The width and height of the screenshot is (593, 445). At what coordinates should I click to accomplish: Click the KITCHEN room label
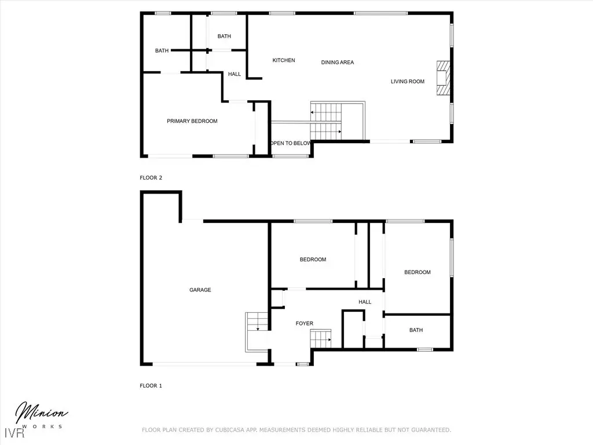coord(284,60)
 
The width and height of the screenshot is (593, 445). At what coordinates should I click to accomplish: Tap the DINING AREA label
coord(338,63)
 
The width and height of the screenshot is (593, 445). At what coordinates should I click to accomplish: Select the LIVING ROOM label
coord(407,81)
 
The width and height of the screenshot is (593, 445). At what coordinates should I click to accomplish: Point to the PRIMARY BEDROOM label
coord(192,121)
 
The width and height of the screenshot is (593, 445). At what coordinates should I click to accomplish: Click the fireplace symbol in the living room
coord(443,78)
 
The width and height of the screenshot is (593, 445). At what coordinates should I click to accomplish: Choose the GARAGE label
coord(200,290)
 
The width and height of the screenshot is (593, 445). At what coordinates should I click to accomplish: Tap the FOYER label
coord(305,323)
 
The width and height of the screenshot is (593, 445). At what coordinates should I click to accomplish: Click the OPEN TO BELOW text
coord(291,143)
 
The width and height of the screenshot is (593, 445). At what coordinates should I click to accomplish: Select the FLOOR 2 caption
coord(151,177)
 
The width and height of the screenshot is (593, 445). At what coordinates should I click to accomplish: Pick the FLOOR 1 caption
coord(151,385)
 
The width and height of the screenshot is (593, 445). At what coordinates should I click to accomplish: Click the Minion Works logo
coord(41,415)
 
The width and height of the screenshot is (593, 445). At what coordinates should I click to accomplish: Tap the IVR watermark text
coord(14,433)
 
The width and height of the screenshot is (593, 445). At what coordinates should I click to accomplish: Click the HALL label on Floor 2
coord(235,74)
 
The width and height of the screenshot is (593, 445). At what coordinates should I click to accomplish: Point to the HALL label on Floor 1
coord(365,302)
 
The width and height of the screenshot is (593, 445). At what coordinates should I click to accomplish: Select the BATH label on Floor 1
coord(416,330)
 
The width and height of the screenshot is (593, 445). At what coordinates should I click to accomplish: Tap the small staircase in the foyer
coord(321,338)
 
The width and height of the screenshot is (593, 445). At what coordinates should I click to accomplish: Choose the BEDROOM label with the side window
coord(418,272)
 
